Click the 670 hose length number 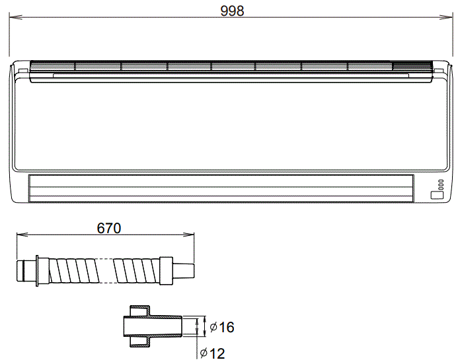coord(108,228)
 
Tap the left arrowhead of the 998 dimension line coord(13,18)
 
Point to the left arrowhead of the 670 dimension coord(19,234)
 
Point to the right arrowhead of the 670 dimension coord(191,234)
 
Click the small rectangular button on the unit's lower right coord(436,195)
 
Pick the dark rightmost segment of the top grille coord(411,66)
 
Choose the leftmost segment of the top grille coord(53,66)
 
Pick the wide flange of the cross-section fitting coord(139,326)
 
